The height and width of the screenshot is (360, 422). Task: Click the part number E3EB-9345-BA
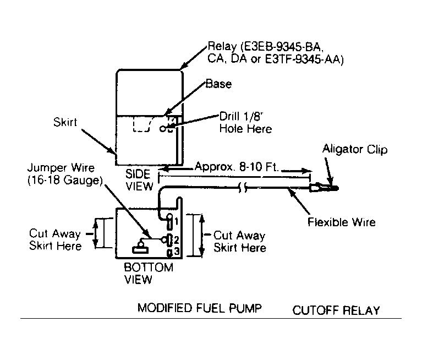click(x=281, y=47)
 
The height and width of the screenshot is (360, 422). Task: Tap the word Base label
click(x=218, y=84)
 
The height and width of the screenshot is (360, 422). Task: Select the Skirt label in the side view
click(x=65, y=122)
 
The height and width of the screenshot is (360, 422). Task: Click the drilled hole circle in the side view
click(x=162, y=129)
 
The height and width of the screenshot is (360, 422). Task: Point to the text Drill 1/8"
click(x=241, y=116)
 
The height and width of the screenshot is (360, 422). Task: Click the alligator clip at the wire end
click(x=324, y=187)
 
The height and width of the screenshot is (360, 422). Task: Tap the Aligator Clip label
click(x=355, y=149)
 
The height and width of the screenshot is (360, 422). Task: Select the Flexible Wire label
click(x=342, y=222)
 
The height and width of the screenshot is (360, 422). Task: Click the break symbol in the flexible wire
click(x=243, y=187)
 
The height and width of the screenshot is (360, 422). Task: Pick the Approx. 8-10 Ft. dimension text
click(x=236, y=167)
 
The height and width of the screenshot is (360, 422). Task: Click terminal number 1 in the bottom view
click(x=176, y=221)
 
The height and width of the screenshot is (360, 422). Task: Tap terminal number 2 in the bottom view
click(x=177, y=239)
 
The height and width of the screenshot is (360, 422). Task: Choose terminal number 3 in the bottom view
click(x=177, y=252)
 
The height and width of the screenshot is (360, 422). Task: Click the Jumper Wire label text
click(x=61, y=168)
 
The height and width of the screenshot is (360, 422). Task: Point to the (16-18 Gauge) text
click(x=65, y=180)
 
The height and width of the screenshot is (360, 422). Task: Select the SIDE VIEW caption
click(x=139, y=180)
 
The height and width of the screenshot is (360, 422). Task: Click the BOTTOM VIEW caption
click(x=149, y=273)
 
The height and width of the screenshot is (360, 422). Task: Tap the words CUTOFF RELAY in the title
click(x=336, y=310)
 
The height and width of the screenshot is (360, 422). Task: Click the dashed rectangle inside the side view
click(x=142, y=124)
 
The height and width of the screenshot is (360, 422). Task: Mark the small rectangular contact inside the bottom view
click(x=140, y=250)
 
